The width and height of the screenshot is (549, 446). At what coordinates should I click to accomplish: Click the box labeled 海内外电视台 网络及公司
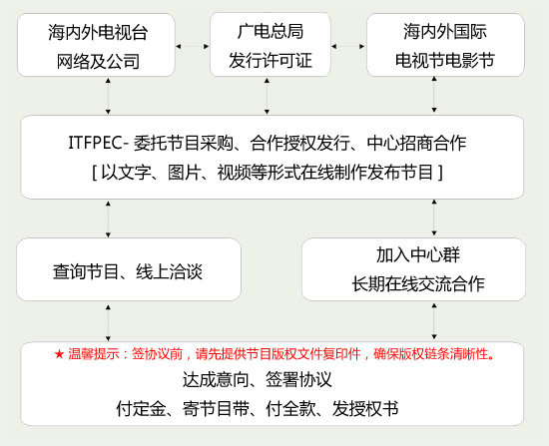coord(96,45)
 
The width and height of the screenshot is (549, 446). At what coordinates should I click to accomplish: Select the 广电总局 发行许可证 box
coord(271,45)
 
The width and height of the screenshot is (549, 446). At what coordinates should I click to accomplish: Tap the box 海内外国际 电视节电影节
coord(445,45)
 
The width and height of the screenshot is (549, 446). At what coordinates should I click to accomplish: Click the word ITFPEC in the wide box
coord(95,144)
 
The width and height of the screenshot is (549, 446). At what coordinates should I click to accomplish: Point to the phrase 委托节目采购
coord(184,144)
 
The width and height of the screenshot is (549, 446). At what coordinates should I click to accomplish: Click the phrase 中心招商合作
coord(416,144)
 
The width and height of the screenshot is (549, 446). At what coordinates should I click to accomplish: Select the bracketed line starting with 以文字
coord(268,173)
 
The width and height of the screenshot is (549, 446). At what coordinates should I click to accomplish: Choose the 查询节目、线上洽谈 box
coord(129,269)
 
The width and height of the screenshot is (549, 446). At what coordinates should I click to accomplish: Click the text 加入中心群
coord(418,254)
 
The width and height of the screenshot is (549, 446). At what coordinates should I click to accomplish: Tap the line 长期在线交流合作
coord(418,283)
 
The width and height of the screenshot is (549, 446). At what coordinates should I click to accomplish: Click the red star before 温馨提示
coord(59,354)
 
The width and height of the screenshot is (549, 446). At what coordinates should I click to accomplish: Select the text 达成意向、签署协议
coord(257,380)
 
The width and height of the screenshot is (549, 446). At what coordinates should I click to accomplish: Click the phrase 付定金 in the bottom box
coord(141,408)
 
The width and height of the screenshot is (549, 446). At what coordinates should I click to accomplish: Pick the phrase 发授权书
coord(365,408)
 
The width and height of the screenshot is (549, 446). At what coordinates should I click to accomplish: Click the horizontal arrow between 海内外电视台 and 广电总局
coord(193,46)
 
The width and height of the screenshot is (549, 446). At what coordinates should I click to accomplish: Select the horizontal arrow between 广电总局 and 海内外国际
coord(347,46)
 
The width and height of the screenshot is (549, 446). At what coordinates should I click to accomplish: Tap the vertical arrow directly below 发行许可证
coord(267,96)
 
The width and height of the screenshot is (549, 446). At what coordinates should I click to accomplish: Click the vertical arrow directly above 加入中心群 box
coord(434,218)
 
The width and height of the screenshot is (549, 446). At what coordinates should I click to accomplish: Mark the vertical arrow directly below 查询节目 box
coord(108,322)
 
